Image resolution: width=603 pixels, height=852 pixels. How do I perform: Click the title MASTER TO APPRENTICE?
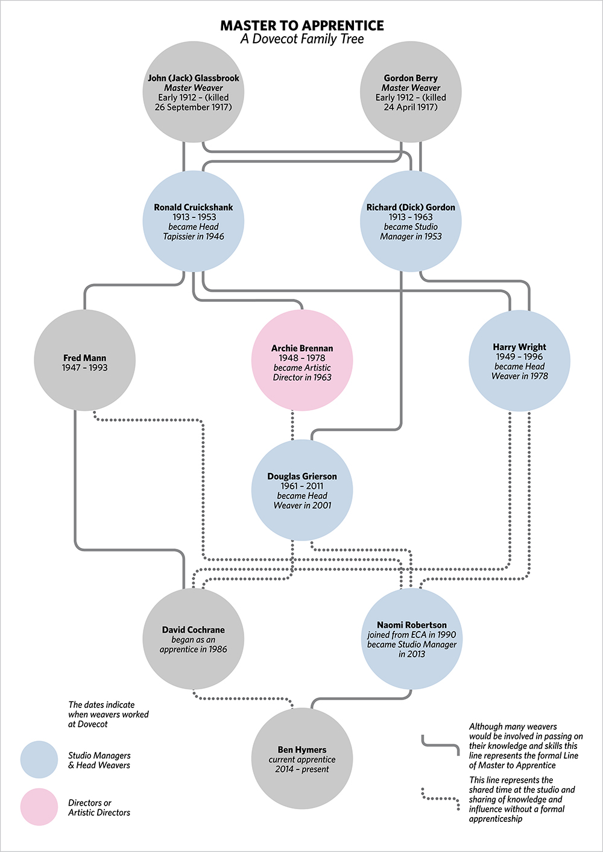301,25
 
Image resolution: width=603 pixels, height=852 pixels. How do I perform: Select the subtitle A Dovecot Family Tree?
301,39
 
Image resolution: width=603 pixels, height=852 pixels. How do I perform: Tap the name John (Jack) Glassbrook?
194,78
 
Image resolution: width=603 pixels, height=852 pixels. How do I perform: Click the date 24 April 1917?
411,107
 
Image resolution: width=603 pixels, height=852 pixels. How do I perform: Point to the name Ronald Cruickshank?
194,207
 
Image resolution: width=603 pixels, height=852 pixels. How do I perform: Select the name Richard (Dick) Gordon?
411,207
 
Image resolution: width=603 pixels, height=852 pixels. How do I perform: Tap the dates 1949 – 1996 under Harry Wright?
519,357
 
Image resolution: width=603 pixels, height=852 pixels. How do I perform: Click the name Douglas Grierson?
302,476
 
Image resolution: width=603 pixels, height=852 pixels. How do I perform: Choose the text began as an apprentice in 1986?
194,645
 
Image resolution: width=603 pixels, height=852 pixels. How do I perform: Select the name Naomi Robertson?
412,625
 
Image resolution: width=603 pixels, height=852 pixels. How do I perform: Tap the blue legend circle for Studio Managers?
39,760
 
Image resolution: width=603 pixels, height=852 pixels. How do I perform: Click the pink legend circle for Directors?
39,807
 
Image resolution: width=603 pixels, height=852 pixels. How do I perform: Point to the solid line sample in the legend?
440,746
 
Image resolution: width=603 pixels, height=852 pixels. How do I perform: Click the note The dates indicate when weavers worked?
109,714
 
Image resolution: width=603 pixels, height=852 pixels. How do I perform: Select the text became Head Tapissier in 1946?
194,232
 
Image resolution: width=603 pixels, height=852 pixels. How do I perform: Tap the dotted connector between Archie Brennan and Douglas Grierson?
293,425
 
